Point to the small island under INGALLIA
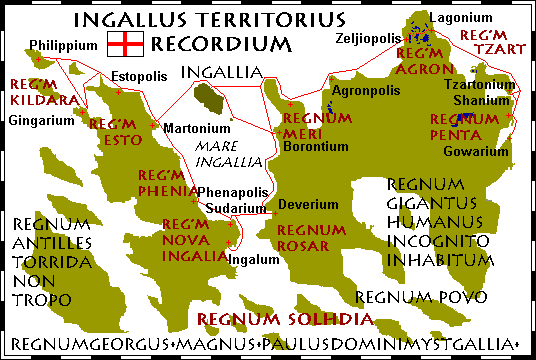pos(209,99)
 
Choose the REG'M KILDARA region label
pos(33,92)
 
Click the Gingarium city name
pos(43,120)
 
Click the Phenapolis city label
pos(233,191)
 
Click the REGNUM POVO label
pos(419,297)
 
